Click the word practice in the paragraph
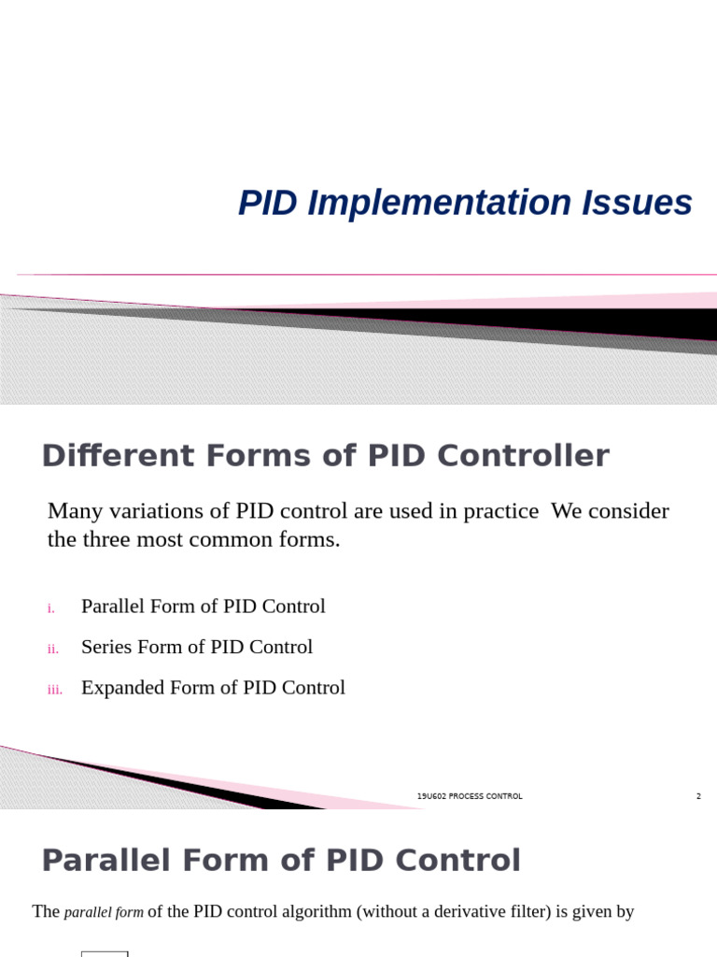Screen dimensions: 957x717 [497, 511]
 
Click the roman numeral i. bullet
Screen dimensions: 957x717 [50, 608]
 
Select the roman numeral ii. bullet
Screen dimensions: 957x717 [52, 650]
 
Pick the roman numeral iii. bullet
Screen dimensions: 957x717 [54, 691]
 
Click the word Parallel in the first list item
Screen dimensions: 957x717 [112, 607]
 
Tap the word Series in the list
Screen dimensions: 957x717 [106, 647]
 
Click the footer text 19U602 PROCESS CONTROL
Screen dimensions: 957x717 [470, 796]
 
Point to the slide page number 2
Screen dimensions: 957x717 [698, 796]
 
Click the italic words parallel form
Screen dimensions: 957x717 [104, 912]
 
